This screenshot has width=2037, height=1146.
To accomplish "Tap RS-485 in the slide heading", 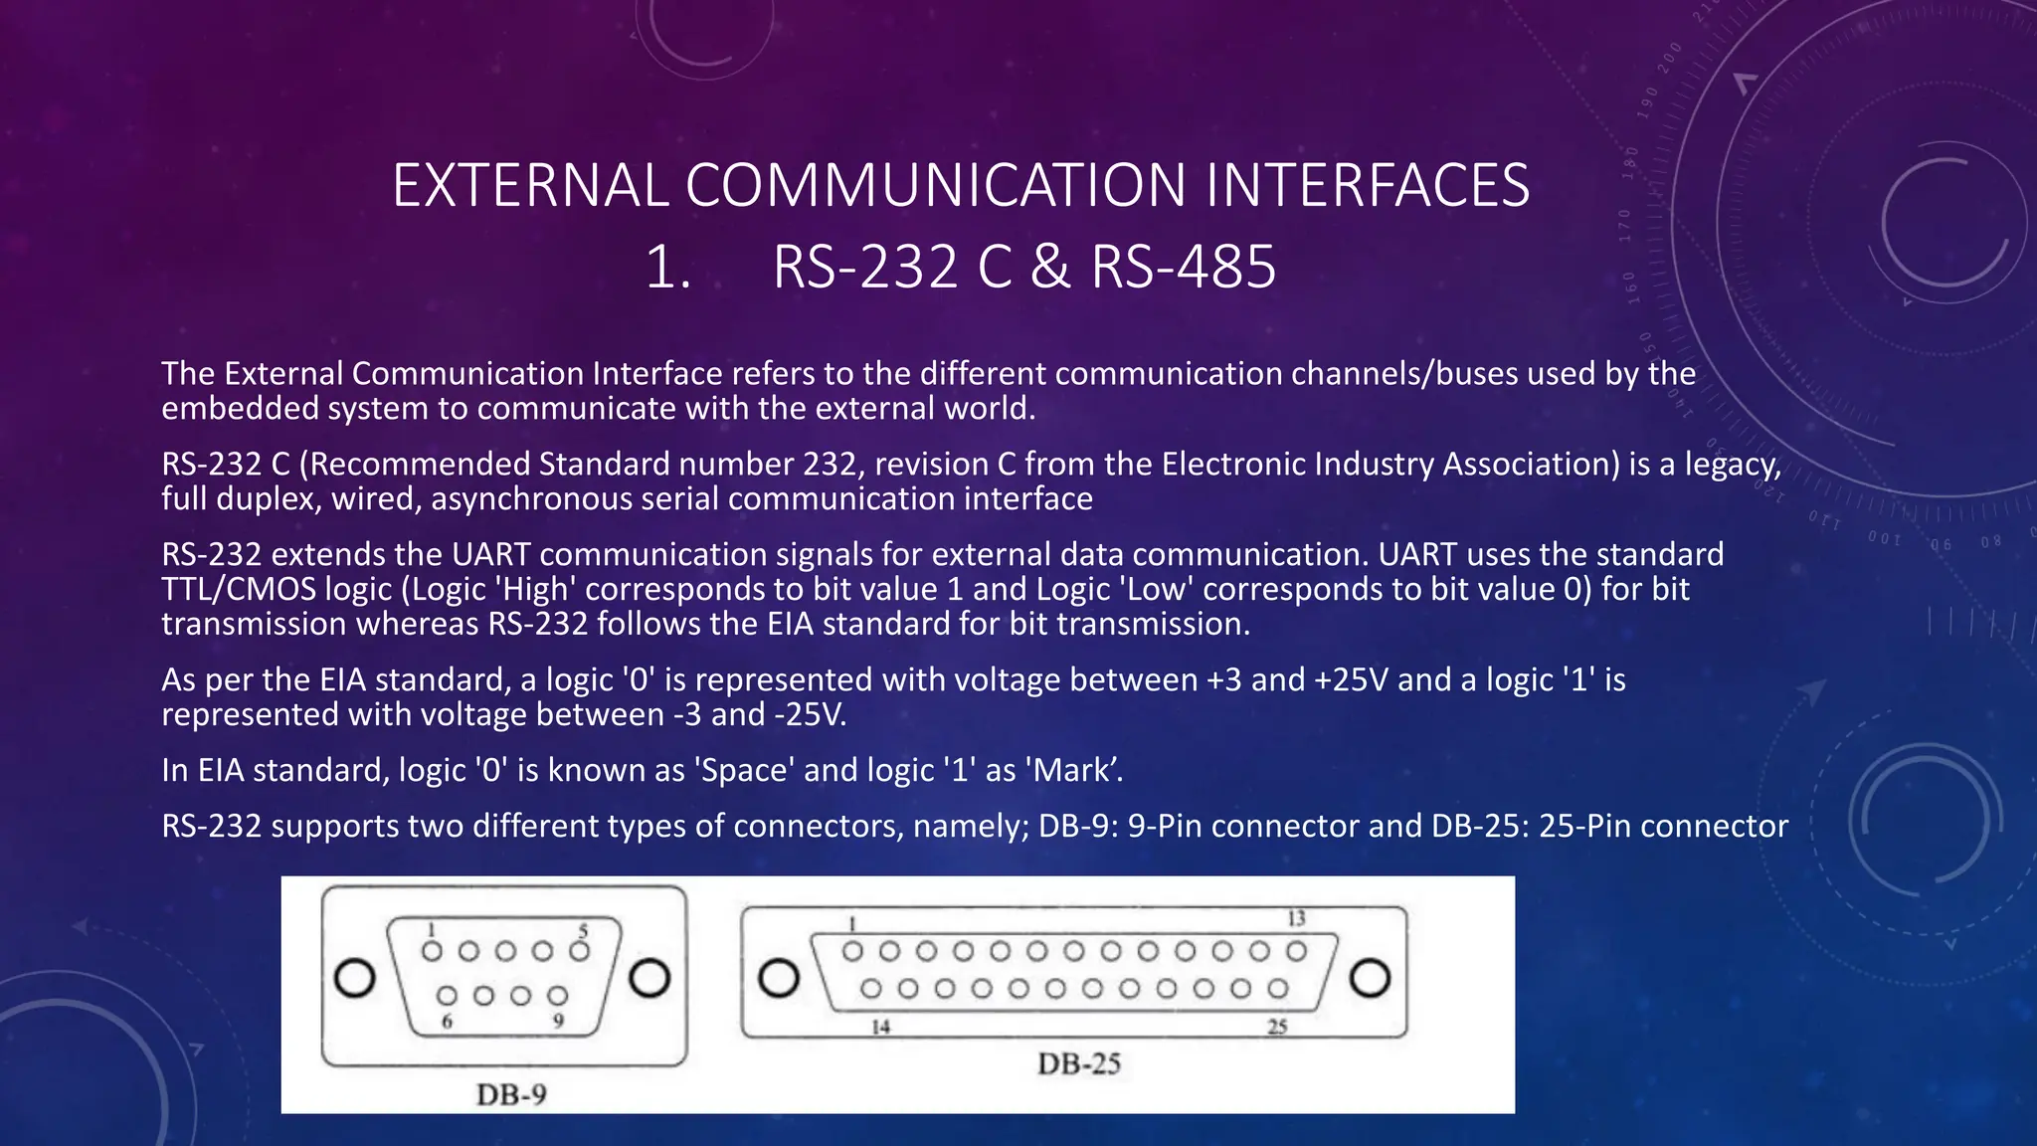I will [1183, 268].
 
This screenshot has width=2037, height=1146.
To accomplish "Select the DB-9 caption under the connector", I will [511, 1094].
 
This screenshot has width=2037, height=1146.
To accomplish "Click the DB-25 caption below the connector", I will [1079, 1063].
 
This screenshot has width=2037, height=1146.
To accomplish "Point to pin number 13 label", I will [1296, 918].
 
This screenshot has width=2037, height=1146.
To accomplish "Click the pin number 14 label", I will [880, 1026].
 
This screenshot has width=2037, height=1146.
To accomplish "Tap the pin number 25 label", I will [1277, 1026].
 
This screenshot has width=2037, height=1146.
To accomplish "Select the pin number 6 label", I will [447, 1021].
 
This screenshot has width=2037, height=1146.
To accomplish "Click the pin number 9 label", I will [558, 1021].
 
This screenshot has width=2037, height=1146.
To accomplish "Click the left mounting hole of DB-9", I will [355, 978].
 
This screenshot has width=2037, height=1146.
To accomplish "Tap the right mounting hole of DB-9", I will [650, 978].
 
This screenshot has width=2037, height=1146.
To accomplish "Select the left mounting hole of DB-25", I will [779, 978].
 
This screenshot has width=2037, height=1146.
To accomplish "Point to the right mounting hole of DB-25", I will [1370, 978].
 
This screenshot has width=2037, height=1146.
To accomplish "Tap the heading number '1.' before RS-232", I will [667, 268].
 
